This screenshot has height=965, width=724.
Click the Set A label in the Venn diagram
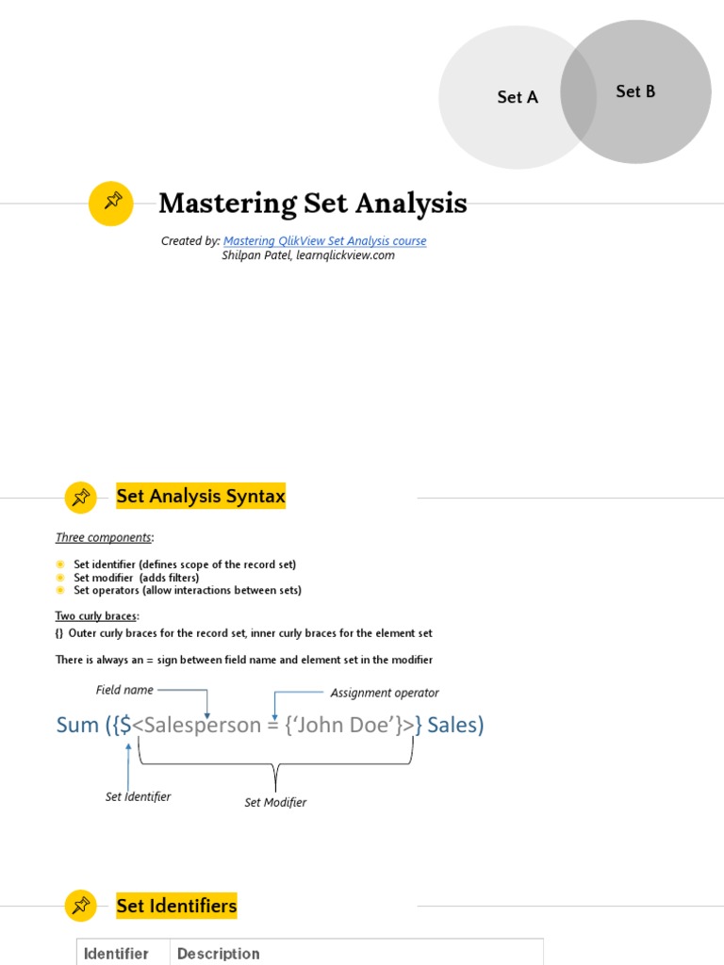pos(518,97)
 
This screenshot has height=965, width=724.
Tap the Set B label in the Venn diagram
pos(635,91)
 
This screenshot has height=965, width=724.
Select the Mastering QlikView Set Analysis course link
pos(324,241)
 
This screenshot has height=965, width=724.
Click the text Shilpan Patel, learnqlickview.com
pos(308,255)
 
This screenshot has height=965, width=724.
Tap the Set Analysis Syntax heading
pos(201,496)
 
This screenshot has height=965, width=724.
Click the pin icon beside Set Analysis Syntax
pos(81,497)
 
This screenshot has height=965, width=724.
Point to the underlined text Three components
pos(103,537)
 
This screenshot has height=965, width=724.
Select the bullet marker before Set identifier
pos(61,564)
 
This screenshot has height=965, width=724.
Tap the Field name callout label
pos(124,690)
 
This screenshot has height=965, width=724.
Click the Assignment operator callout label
pos(385,693)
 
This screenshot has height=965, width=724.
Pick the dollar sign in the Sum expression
pos(125,725)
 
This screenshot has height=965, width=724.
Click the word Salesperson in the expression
pos(201,725)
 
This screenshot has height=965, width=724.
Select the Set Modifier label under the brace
pos(275,802)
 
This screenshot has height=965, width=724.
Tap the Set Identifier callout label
pos(138,796)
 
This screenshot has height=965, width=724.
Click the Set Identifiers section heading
pos(176,907)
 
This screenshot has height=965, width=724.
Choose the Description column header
pos(218,953)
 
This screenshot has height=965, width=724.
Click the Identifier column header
pos(116,953)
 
